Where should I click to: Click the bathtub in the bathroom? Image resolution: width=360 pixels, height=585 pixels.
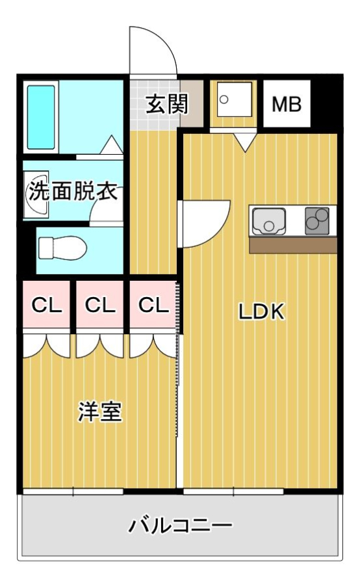tap(41, 117)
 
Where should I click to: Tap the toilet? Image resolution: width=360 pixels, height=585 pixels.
tap(62, 248)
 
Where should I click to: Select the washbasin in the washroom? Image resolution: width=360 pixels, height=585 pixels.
tap(36, 194)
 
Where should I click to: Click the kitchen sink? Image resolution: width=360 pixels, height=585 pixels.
tap(268, 221)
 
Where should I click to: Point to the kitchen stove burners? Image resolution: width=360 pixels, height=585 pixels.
tap(317, 220)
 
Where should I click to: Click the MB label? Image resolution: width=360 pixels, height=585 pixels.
tap(287, 105)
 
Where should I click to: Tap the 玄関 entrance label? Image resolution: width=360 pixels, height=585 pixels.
tap(167, 104)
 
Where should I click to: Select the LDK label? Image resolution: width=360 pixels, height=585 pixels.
tap(261, 311)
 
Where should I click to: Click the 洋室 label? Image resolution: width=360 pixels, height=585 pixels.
tap(99, 411)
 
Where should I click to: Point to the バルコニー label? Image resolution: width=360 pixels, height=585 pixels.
tap(180, 525)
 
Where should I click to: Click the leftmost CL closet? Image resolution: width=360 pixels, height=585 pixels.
tap(47, 305)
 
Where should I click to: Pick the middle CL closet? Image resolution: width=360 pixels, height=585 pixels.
tap(100, 305)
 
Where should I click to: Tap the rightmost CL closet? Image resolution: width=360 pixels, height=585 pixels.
tap(153, 305)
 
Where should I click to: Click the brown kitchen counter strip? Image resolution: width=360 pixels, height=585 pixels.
tap(293, 246)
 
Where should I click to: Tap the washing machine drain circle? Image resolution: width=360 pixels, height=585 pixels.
tap(224, 99)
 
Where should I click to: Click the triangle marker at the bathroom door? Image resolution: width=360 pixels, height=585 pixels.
tap(112, 145)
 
